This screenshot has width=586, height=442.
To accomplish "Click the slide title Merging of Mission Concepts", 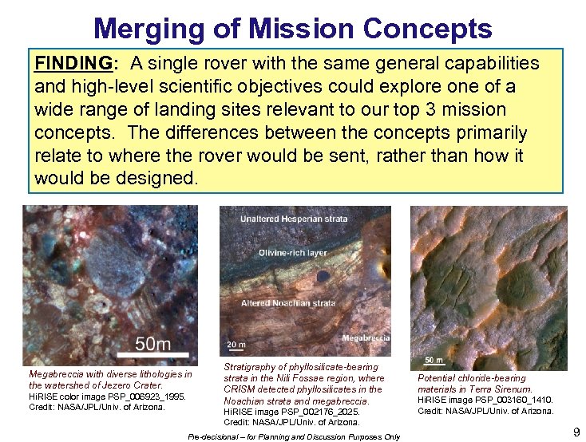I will pyautogui.click(x=292, y=29).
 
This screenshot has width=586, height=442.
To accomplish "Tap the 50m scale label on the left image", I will pyautogui.click(x=152, y=344).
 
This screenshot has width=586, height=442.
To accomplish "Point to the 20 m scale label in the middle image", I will pyautogui.click(x=236, y=344).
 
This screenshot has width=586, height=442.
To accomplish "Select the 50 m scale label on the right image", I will pyautogui.click(x=434, y=360).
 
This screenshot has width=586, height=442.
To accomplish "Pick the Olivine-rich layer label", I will pyautogui.click(x=292, y=253).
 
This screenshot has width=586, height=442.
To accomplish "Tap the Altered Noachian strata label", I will pyautogui.click(x=288, y=303).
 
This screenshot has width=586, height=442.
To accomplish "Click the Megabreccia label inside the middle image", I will pyautogui.click(x=365, y=338).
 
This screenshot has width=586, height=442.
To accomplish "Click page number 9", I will pyautogui.click(x=576, y=432).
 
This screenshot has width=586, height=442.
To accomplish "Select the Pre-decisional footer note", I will pyautogui.click(x=294, y=437).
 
